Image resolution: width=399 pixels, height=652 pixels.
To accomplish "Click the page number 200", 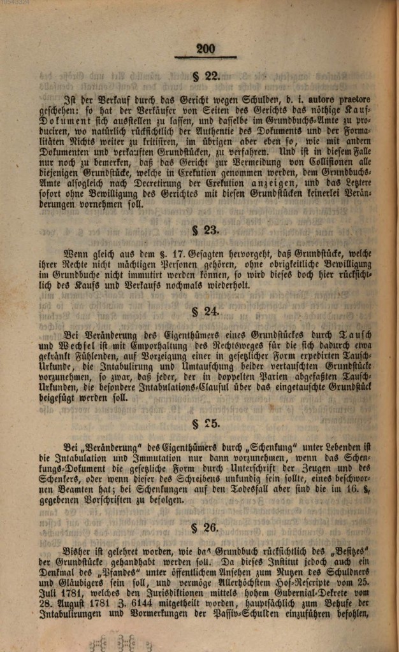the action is coord(206,48).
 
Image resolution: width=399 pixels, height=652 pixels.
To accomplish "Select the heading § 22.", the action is coord(205,76).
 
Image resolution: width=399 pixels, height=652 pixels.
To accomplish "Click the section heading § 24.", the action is coord(205,311).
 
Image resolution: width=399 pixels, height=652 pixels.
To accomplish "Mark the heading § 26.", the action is coord(205,527).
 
